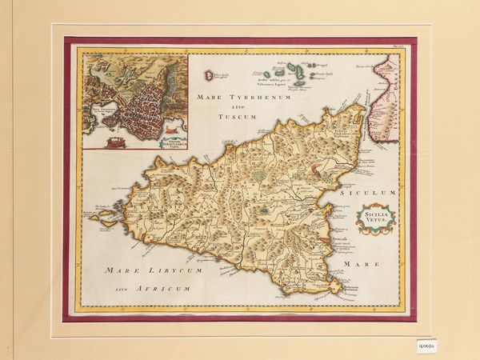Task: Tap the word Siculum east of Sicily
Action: tap(367, 193)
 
